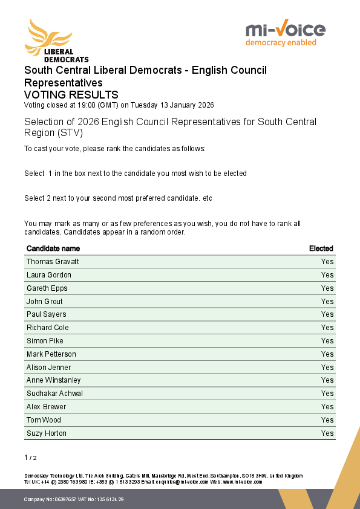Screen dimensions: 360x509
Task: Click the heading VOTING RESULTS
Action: coord(71,95)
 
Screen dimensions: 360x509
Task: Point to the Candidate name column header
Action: coord(53,248)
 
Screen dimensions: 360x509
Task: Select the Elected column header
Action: coord(321,248)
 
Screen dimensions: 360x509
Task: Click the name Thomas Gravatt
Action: coord(53,262)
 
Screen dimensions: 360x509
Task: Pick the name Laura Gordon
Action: coord(49,275)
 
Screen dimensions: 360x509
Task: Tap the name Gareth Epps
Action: coord(47,288)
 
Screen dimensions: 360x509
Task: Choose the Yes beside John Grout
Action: coord(327,302)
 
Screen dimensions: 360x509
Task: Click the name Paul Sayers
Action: coord(47,314)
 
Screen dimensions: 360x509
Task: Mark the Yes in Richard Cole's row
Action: coord(327,328)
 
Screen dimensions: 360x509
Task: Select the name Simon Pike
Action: coord(45,341)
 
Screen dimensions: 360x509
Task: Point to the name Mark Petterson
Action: coord(51,354)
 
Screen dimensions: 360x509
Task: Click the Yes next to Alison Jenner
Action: coord(327,368)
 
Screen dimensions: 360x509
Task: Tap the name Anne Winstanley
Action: coord(54,380)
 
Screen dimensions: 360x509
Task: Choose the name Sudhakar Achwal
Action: coord(54,394)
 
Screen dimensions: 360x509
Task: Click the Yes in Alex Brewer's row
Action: coord(327,407)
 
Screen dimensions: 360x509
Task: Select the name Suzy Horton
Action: coord(47,433)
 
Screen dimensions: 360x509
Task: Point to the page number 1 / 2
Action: coord(30,458)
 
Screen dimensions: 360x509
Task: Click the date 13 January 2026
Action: coord(185,105)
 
